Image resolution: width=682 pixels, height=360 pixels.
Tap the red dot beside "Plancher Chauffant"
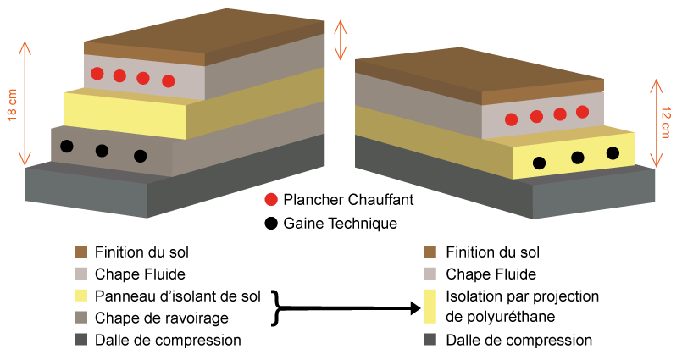coord(270,201)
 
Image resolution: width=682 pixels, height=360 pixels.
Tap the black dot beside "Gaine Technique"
coord(270,224)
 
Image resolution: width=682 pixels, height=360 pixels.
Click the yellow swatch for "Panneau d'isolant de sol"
coord(81,296)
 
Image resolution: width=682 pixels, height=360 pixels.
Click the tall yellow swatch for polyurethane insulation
coord(430,307)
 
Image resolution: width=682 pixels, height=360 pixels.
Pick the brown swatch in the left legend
coord(81,252)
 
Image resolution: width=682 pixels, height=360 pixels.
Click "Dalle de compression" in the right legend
coord(518,341)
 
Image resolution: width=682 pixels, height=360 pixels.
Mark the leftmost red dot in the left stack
coord(97,73)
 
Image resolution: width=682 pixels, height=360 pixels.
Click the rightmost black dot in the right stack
coord(613,153)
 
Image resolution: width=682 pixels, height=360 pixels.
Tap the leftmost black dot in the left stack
coord(67,146)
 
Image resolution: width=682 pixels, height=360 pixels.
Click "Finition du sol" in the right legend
coord(492,252)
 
